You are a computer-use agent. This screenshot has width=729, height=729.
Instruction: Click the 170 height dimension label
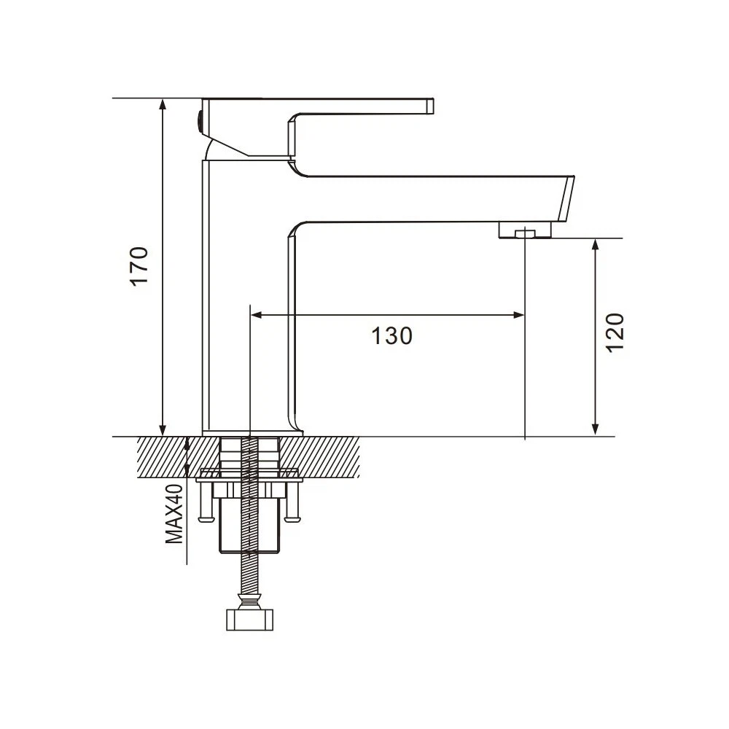(139, 266)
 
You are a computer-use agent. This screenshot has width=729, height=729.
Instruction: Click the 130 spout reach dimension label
(392, 335)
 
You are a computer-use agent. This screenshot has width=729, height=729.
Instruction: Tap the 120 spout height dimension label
(615, 333)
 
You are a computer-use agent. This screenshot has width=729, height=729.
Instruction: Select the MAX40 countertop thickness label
(175, 513)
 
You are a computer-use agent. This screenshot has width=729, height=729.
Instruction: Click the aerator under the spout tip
(525, 230)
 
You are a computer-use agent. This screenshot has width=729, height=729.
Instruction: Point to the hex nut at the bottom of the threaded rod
(249, 619)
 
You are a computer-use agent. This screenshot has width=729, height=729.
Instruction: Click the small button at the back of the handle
(200, 121)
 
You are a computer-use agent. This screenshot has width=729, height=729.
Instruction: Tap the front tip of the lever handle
(431, 106)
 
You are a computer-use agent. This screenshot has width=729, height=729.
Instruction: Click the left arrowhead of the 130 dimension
(257, 315)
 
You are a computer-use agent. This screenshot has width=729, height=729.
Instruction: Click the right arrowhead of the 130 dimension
(518, 315)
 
